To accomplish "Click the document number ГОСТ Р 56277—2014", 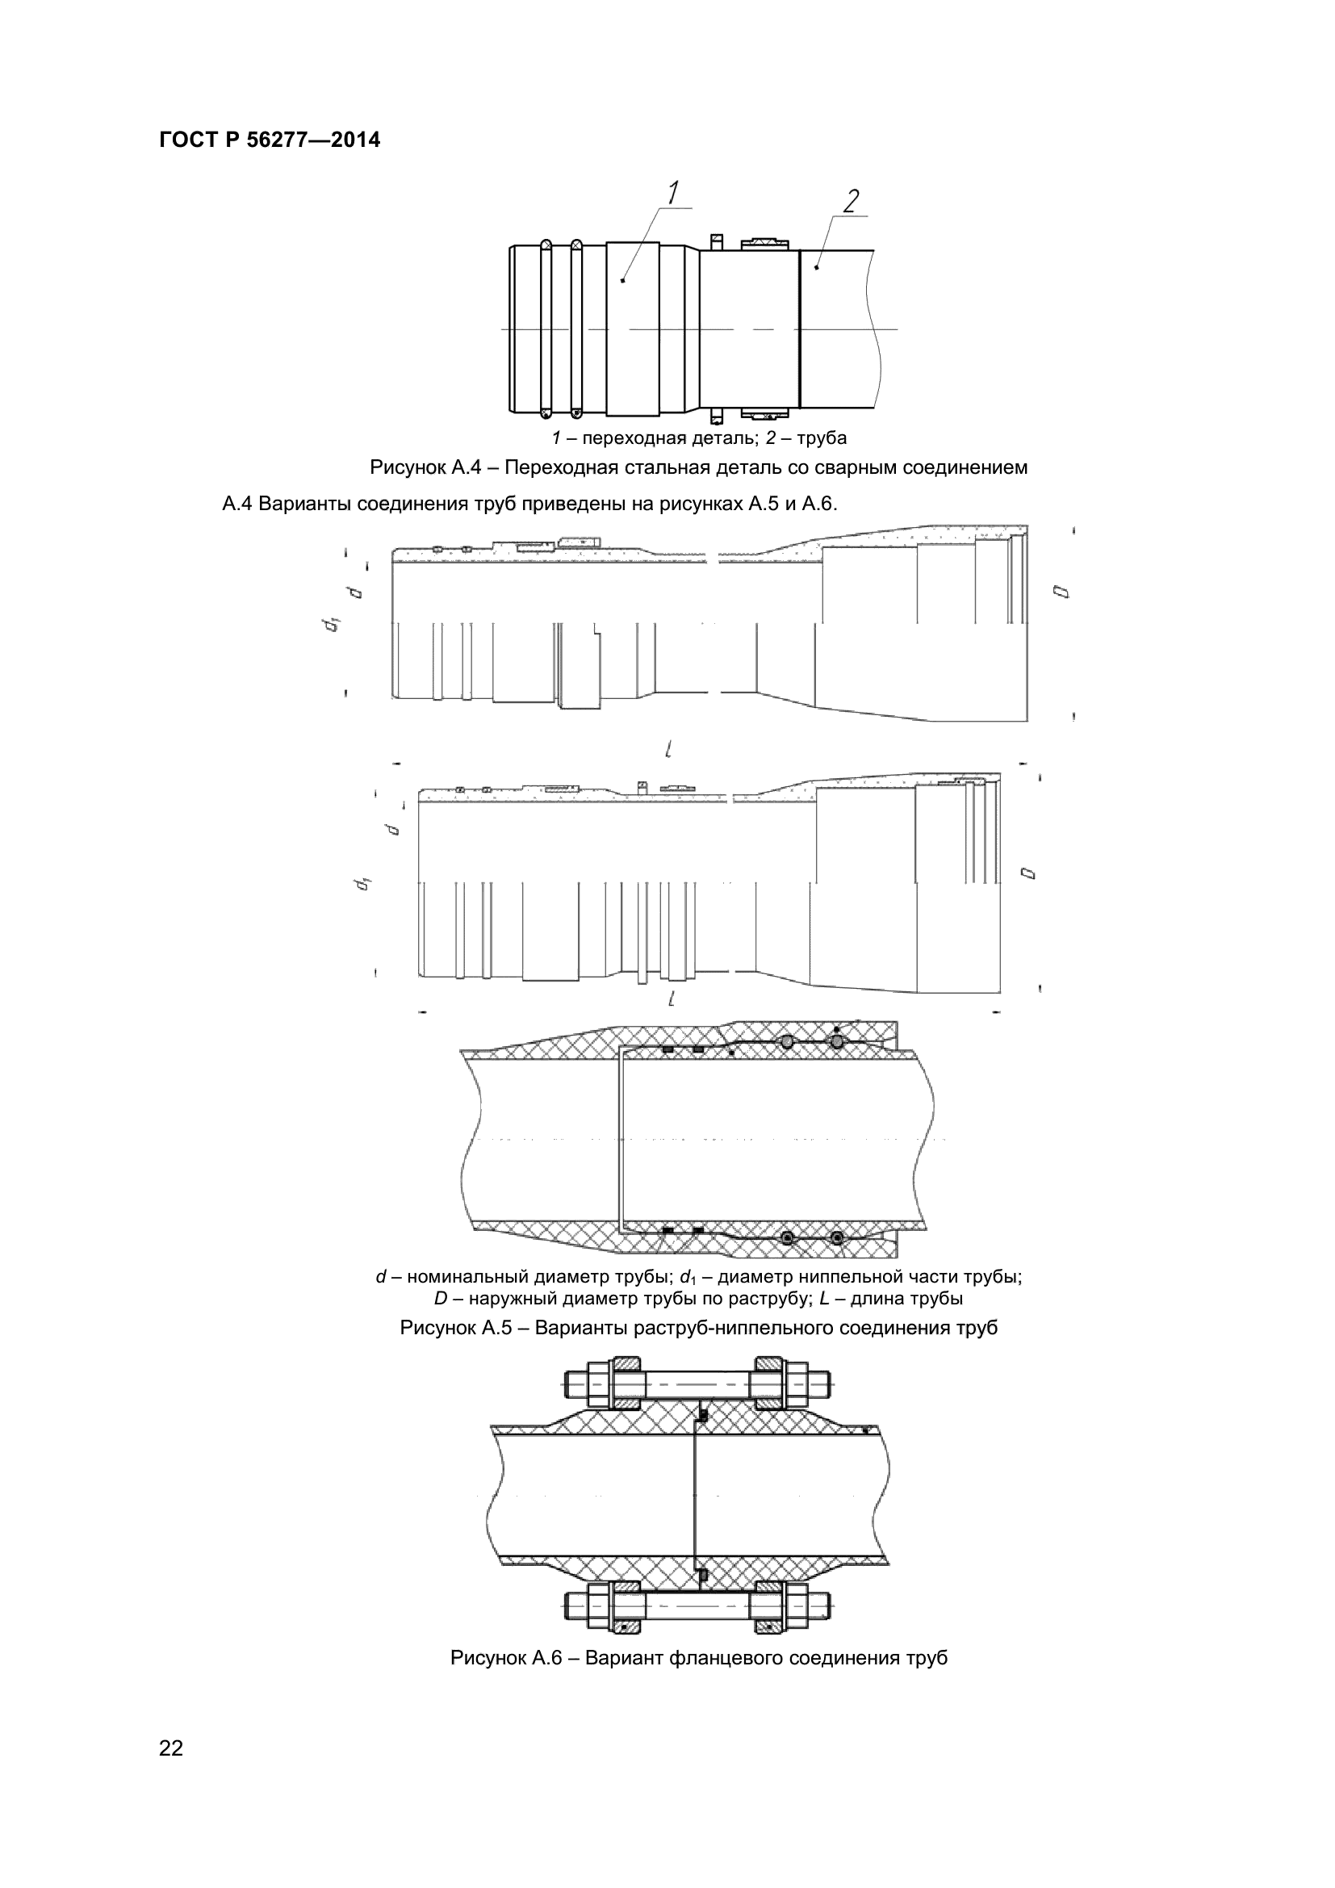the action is (x=270, y=140).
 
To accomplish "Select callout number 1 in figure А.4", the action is (x=672, y=193).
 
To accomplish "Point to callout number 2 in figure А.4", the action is (x=852, y=201).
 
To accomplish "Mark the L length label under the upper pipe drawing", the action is (x=670, y=749).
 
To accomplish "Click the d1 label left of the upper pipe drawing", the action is (x=332, y=624).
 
